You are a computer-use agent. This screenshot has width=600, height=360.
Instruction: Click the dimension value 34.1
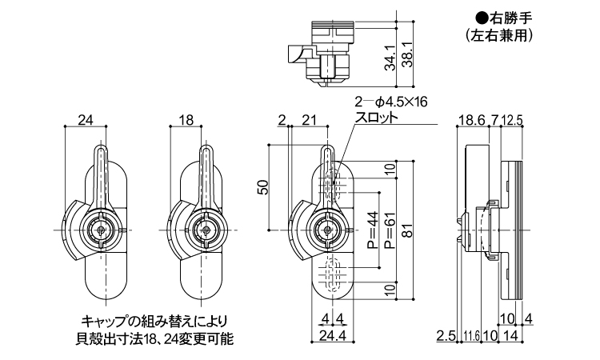point(389,57)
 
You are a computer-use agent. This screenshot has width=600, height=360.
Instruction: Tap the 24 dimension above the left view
point(86,121)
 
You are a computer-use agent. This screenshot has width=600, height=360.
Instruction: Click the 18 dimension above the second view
point(186,121)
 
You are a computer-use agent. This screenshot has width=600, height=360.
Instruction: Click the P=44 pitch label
point(372,230)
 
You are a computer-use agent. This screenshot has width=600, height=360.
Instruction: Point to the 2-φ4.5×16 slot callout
point(391,102)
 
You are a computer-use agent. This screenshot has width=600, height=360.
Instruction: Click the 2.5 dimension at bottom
point(446,336)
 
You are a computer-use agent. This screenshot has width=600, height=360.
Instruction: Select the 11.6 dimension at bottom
point(470,336)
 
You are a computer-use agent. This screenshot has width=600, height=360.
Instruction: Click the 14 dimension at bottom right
point(510,336)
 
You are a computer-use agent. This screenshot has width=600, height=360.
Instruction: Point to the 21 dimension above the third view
point(307,121)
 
